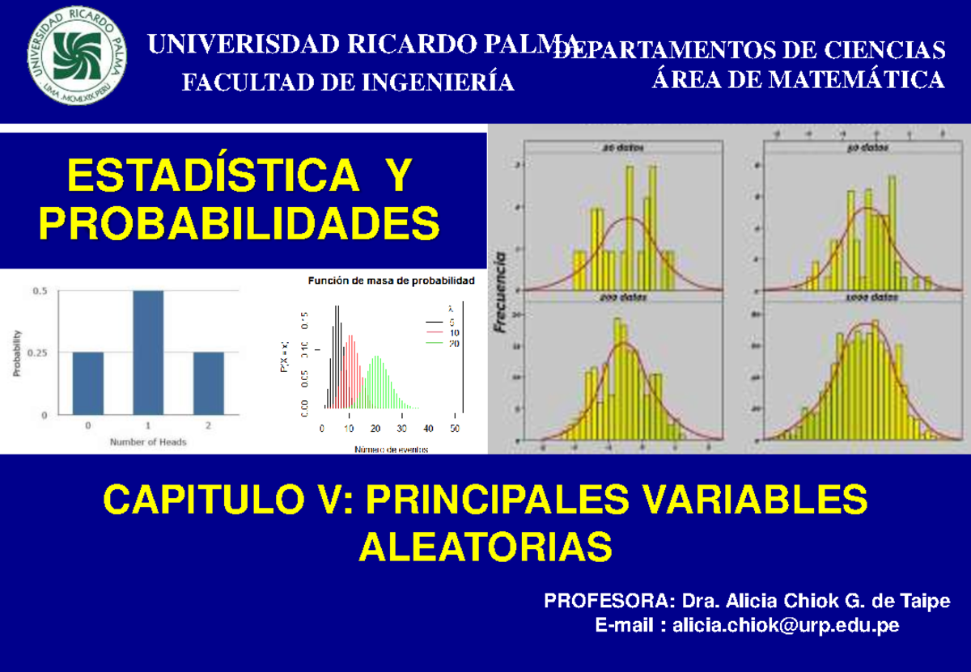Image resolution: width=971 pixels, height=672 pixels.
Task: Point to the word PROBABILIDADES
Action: click(240, 223)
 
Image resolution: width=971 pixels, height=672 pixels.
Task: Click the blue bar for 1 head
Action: click(148, 353)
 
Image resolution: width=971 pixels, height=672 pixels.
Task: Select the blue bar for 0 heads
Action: click(87, 383)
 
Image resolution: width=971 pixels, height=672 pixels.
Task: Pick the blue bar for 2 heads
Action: click(208, 383)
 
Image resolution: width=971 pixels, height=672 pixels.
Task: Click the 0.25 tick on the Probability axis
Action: click(36, 353)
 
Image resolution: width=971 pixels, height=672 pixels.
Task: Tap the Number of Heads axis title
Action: click(148, 442)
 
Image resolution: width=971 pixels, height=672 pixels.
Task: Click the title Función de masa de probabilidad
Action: click(392, 281)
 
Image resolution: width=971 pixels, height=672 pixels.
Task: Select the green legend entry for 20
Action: click(445, 343)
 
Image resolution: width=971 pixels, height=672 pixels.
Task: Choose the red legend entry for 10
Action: click(445, 332)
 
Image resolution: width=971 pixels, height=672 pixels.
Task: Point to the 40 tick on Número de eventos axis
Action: click(428, 429)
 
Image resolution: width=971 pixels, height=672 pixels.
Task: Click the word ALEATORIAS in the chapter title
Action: click(485, 547)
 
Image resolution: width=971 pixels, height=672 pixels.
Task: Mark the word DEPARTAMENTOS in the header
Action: click(659, 50)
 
